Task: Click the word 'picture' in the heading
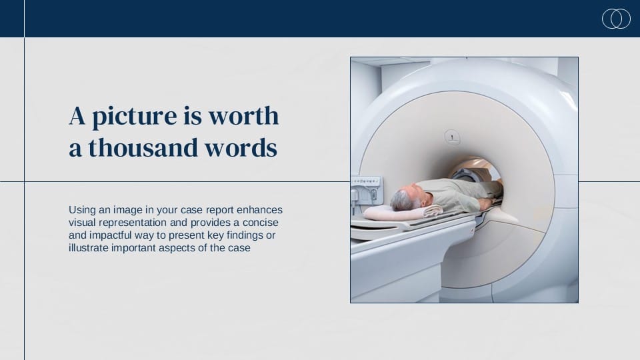click(x=135, y=116)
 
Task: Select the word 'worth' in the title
click(x=244, y=115)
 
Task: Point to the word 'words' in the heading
click(x=241, y=147)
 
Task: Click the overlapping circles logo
click(x=616, y=19)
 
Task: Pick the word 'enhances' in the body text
click(x=259, y=210)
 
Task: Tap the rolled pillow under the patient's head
click(x=402, y=212)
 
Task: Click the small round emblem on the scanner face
click(x=452, y=137)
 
